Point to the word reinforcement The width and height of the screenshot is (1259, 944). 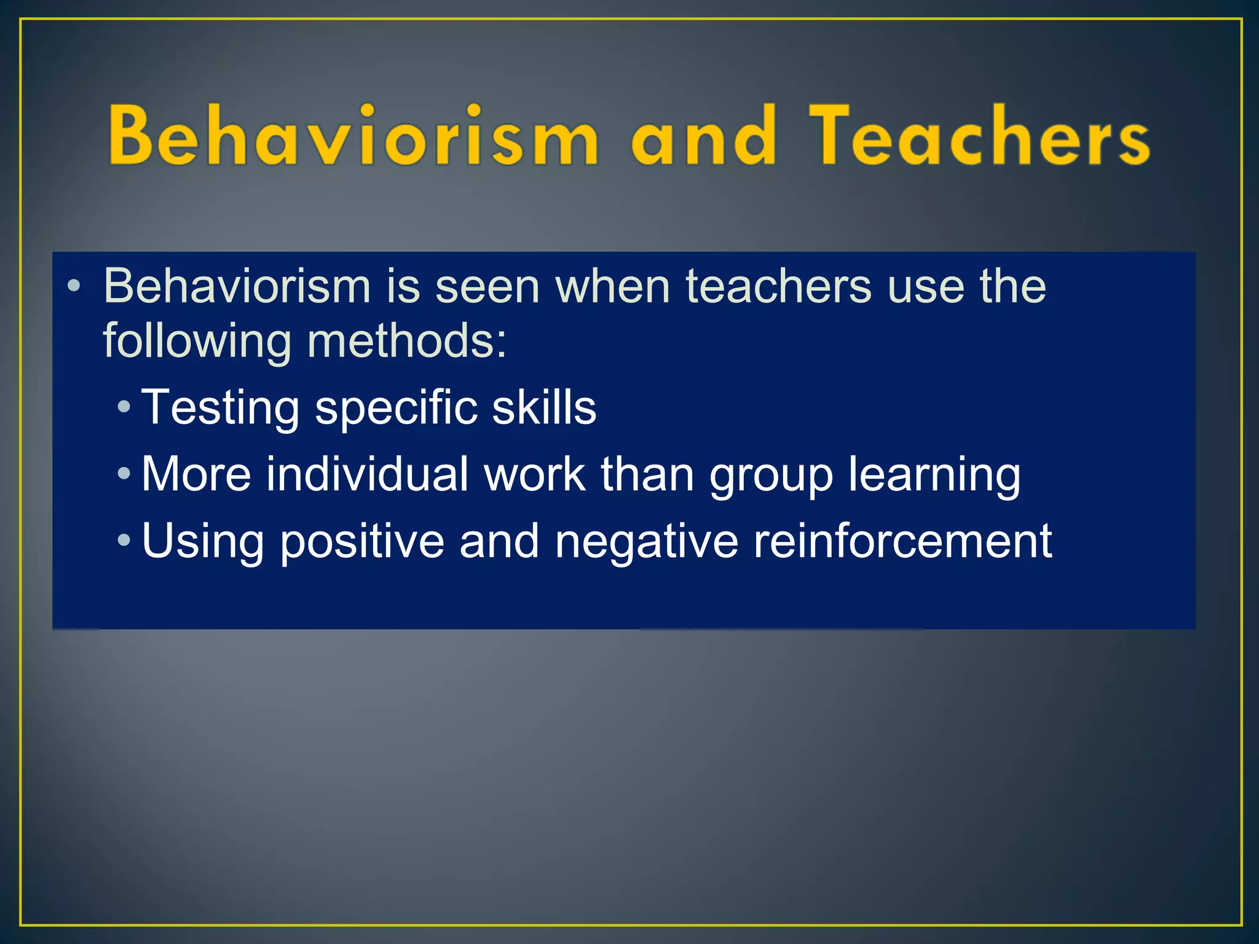click(902, 541)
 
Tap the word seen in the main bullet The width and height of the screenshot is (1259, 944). click(487, 286)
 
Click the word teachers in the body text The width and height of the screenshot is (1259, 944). click(778, 286)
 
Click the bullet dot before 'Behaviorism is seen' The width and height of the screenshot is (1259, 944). click(74, 286)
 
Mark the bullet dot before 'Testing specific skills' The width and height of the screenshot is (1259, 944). click(124, 407)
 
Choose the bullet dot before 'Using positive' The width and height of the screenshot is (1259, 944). click(124, 541)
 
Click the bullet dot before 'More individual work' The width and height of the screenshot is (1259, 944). click(124, 474)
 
